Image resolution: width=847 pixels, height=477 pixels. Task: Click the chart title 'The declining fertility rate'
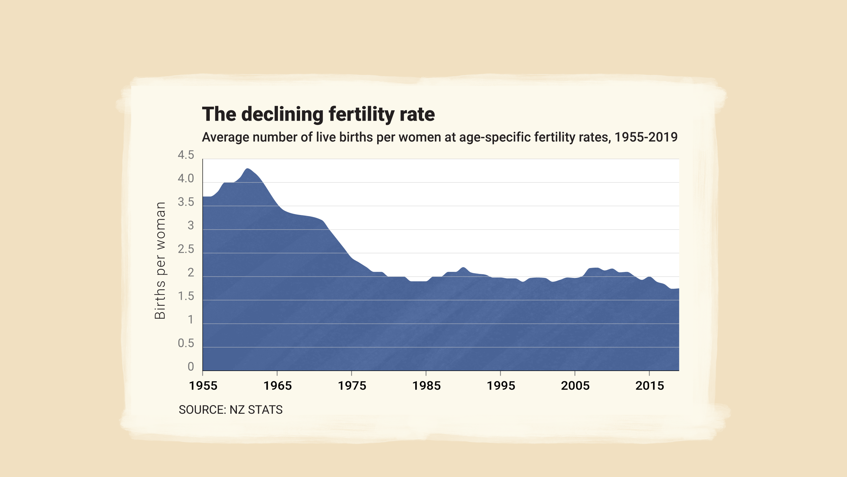click(318, 114)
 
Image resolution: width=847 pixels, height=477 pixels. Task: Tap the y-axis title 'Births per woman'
click(160, 261)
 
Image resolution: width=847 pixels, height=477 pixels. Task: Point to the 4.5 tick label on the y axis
click(186, 155)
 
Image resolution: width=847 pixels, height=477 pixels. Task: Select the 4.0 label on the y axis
click(186, 179)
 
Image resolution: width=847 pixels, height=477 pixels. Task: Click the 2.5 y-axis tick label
click(186, 249)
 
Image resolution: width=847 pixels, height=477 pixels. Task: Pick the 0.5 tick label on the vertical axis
click(186, 343)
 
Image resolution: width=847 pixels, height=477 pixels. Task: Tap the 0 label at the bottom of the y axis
click(191, 367)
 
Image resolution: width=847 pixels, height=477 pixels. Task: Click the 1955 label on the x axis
click(203, 386)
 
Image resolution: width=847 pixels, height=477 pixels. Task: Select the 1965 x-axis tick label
click(277, 386)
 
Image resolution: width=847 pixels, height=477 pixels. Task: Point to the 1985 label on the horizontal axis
click(426, 386)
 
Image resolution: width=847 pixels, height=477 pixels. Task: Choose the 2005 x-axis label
click(575, 386)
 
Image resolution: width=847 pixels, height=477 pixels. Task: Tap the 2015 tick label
click(649, 386)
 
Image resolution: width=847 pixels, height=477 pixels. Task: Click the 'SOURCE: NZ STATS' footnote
click(231, 410)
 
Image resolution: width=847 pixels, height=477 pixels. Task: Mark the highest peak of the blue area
click(247, 169)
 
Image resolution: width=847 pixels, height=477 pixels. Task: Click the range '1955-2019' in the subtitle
click(646, 137)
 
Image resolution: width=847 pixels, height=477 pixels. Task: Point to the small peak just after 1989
click(463, 268)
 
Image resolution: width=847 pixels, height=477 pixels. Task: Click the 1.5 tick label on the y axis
click(186, 296)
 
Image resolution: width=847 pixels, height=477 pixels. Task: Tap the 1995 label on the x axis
click(501, 386)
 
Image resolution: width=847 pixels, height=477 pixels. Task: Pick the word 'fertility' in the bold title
click(361, 114)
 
